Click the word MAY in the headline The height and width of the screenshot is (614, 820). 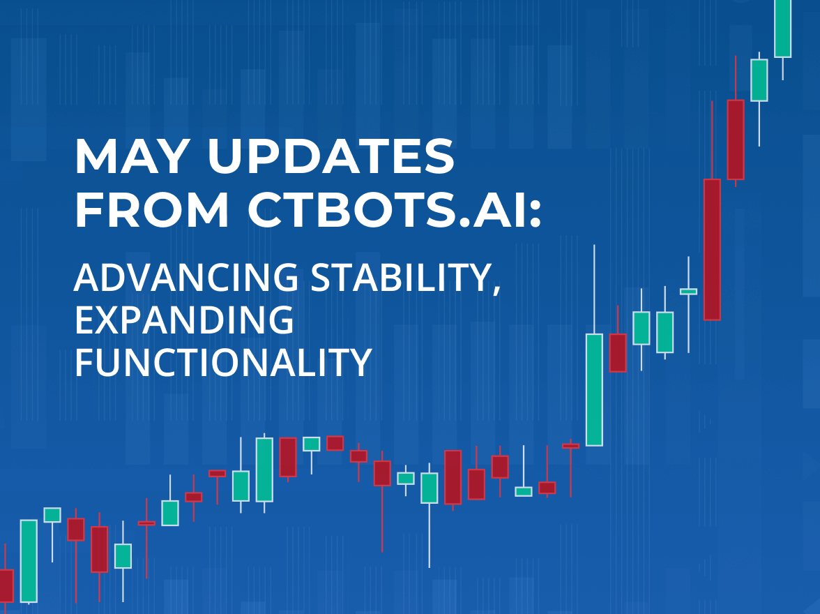(x=132, y=156)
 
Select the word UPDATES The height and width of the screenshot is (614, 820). (x=331, y=156)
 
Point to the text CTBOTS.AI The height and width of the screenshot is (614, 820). (x=385, y=210)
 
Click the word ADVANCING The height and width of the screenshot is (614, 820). (x=186, y=277)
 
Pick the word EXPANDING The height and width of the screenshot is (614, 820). (x=184, y=320)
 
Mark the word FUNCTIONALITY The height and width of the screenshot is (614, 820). (x=223, y=361)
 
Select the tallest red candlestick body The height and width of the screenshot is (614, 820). (x=712, y=249)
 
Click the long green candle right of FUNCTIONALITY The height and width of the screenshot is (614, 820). (x=594, y=390)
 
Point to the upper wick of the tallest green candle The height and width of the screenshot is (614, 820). (x=594, y=289)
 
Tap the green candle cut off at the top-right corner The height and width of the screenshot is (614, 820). (x=783, y=29)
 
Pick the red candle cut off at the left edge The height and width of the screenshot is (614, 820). (x=6, y=585)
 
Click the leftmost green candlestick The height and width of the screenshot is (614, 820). (x=29, y=561)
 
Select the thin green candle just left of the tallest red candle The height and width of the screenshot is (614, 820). (x=688, y=292)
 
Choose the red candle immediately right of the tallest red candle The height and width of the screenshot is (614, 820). (x=736, y=140)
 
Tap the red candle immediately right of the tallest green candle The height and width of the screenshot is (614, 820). (x=618, y=353)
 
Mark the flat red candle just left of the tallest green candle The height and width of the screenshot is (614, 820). (x=570, y=446)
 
